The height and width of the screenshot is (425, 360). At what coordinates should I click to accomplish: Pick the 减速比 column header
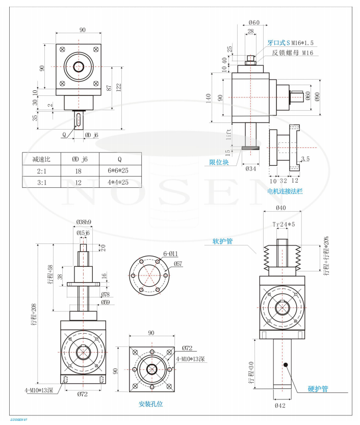click(x=41, y=159)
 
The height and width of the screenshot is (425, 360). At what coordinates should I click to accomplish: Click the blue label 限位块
click(x=220, y=163)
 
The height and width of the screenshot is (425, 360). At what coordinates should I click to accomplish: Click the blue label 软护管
click(x=223, y=241)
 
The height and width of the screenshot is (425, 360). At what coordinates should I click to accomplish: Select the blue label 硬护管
click(x=318, y=389)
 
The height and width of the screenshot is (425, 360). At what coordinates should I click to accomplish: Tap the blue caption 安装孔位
click(x=151, y=404)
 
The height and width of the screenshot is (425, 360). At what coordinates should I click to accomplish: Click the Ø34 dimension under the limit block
click(x=250, y=168)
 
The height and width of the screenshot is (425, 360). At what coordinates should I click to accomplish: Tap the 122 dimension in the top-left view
click(x=119, y=87)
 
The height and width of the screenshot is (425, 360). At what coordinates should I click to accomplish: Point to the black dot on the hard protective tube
click(x=287, y=365)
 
